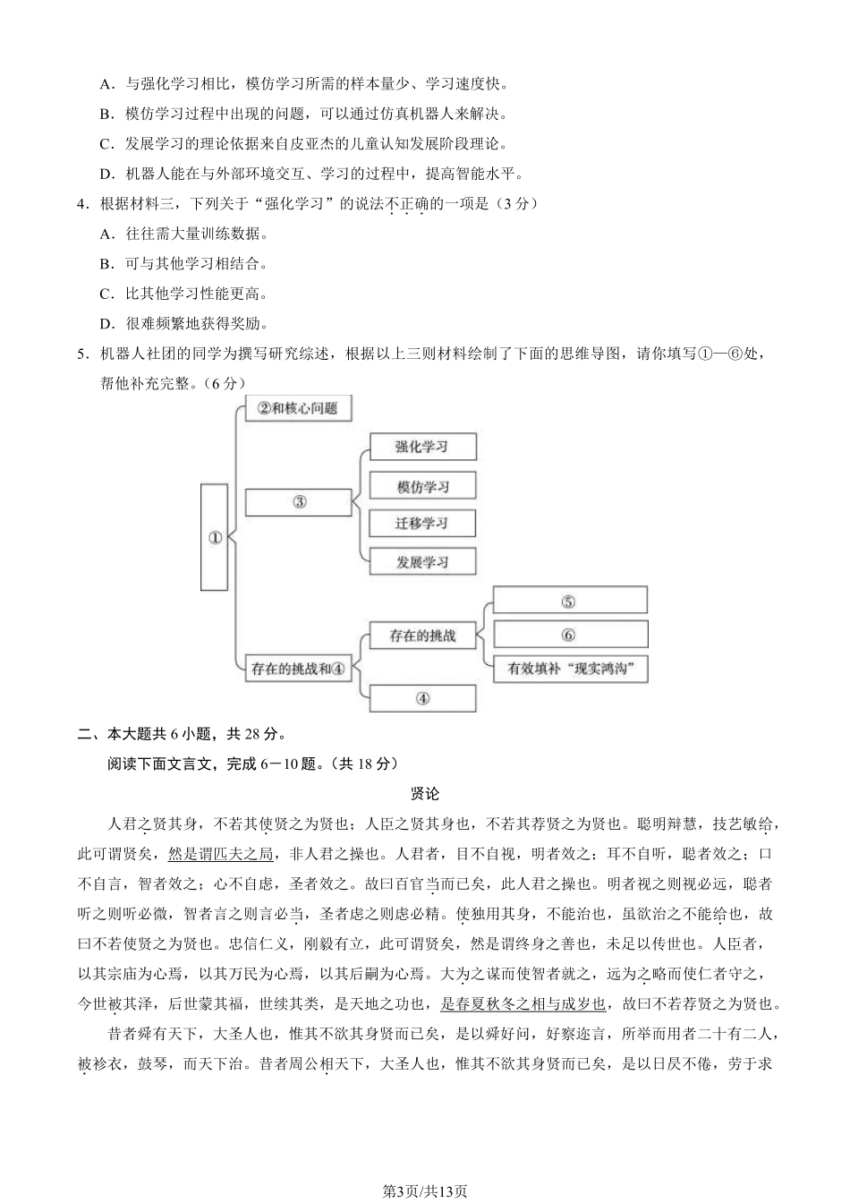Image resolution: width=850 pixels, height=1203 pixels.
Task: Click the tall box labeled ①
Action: (215, 537)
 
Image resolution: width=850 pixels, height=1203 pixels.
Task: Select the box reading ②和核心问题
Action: (298, 409)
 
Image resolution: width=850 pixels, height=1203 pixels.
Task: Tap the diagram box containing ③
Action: (299, 502)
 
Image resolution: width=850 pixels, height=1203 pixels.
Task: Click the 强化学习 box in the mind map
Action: (422, 447)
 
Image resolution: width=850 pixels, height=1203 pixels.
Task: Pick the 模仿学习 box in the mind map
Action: (422, 486)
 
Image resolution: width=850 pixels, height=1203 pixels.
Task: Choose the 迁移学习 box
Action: (422, 524)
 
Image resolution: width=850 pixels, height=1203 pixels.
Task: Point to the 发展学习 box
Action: (422, 562)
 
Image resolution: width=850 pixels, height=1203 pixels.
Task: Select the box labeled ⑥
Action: (569, 635)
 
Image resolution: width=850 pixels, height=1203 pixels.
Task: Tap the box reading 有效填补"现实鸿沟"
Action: (569, 669)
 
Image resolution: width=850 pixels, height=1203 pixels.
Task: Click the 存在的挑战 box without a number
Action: (422, 636)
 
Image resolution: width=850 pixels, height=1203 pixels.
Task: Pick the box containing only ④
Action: (422, 698)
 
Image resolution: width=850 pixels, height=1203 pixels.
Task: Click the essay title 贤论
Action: (425, 794)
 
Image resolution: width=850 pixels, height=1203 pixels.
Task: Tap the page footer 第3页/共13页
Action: (425, 1190)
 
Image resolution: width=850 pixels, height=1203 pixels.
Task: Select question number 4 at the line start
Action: (82, 204)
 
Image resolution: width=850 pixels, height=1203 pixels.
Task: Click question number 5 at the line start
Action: (82, 354)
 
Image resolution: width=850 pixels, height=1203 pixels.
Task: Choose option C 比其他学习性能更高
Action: (183, 294)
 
